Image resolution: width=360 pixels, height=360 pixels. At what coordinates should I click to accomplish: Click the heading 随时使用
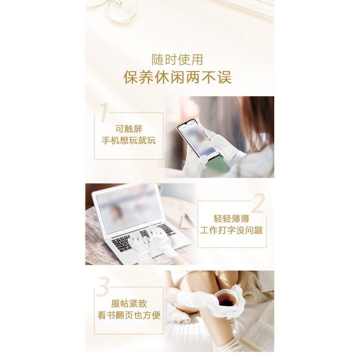[x=177, y=60]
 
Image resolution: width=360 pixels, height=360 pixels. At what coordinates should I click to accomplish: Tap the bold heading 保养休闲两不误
[x=177, y=77]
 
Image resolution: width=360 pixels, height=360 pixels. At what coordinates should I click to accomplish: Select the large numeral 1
[x=104, y=112]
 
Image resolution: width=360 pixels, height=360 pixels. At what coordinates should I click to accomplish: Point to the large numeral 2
[x=258, y=203]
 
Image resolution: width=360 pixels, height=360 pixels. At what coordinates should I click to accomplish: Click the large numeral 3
[x=103, y=286]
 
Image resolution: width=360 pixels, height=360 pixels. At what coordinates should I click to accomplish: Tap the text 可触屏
[x=129, y=129]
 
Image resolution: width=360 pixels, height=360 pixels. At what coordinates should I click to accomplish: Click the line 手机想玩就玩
[x=129, y=140]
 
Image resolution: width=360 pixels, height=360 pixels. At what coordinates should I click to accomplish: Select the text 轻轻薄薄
[x=231, y=219]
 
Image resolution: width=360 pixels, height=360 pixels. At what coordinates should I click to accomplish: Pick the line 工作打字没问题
[x=231, y=230]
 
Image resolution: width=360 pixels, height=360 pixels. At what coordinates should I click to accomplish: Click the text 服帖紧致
[x=129, y=303]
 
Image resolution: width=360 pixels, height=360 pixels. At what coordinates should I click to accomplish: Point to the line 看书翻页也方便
[x=129, y=315]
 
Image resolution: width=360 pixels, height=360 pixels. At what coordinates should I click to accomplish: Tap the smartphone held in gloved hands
[x=197, y=140]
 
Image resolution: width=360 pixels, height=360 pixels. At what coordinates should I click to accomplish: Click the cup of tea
[x=228, y=298]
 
